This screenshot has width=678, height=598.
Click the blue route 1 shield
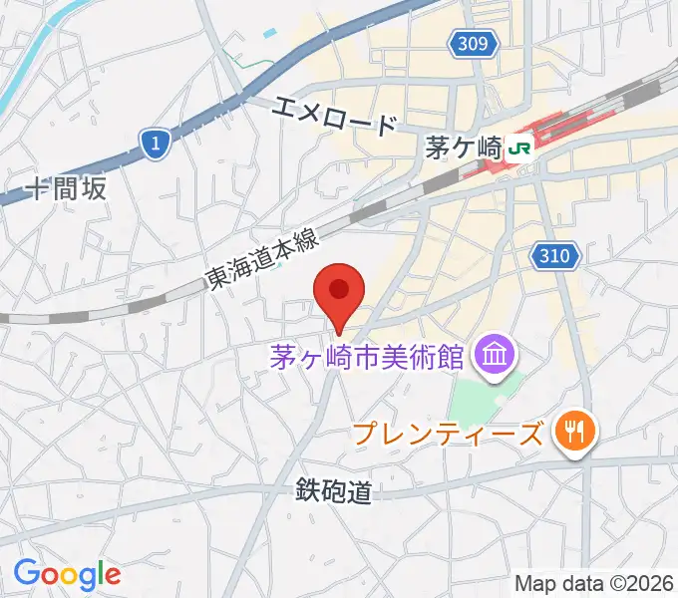pyautogui.click(x=154, y=145)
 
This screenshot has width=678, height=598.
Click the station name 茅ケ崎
pyautogui.click(x=464, y=149)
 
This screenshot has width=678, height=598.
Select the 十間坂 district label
pyautogui.click(x=67, y=188)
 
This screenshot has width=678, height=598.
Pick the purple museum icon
pyautogui.click(x=495, y=353)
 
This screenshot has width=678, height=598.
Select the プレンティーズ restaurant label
pyautogui.click(x=450, y=433)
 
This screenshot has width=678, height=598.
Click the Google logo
pyautogui.click(x=67, y=573)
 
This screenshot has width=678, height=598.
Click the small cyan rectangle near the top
pyautogui.click(x=270, y=32)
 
